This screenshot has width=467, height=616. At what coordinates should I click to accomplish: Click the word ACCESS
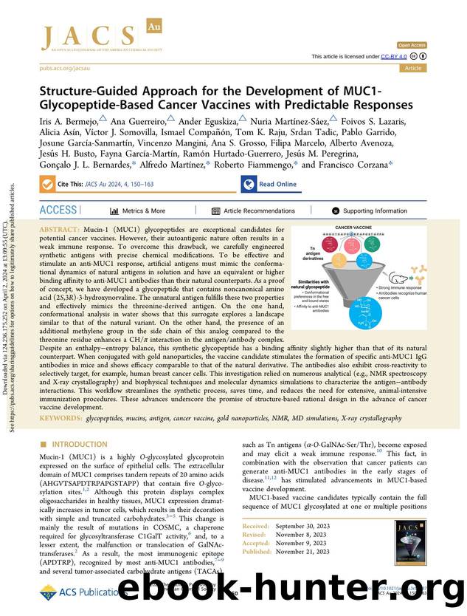coord(58,211)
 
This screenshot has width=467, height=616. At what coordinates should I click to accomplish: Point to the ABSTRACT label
coord(61,230)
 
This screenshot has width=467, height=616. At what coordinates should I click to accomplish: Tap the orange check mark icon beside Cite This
coord(49,185)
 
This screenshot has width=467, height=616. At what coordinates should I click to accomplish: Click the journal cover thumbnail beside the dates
coord(409,537)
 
